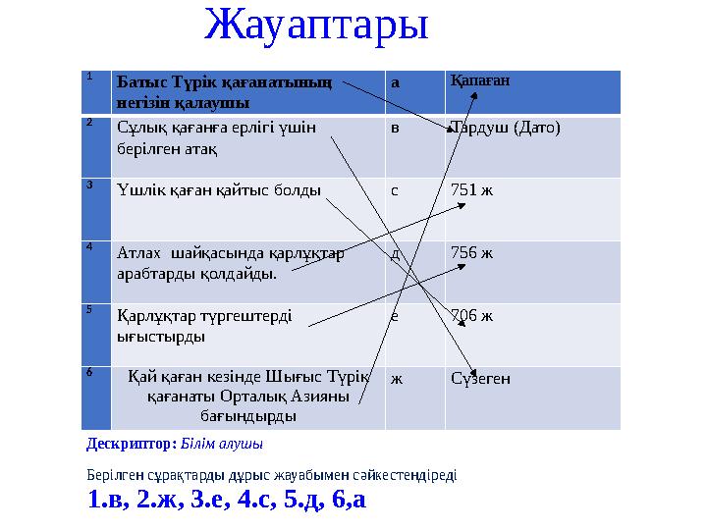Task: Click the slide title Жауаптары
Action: click(316, 25)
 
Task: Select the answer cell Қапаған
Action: click(480, 80)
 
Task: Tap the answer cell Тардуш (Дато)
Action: click(505, 129)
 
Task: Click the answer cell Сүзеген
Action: click(480, 378)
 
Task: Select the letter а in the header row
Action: click(395, 83)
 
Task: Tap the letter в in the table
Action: click(395, 129)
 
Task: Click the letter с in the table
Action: click(395, 189)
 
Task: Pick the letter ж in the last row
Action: click(396, 378)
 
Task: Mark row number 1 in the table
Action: click(89, 76)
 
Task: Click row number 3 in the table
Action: click(89, 184)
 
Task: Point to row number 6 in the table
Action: click(89, 372)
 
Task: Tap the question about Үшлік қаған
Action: click(218, 189)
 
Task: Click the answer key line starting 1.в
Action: click(226, 500)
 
